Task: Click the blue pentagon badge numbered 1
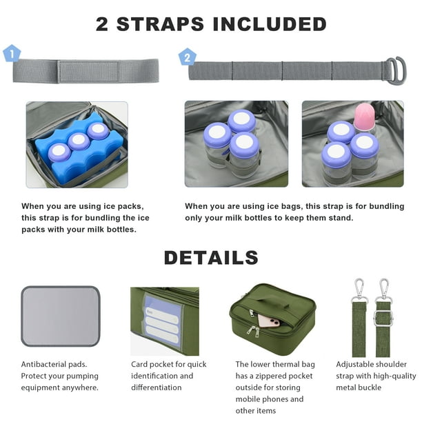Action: coord(12,54)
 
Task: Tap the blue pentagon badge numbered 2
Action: coord(188,57)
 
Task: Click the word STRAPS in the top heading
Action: coord(160,24)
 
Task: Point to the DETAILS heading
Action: coord(211,258)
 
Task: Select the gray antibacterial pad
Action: coord(61,316)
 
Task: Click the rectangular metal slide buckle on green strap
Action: coord(383,319)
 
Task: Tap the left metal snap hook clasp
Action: coord(359,290)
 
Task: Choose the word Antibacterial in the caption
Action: coord(43,364)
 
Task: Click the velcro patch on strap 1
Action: coord(88,71)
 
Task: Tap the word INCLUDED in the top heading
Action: coord(270,24)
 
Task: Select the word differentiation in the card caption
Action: coord(157,388)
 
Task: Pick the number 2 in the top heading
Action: coord(102,24)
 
